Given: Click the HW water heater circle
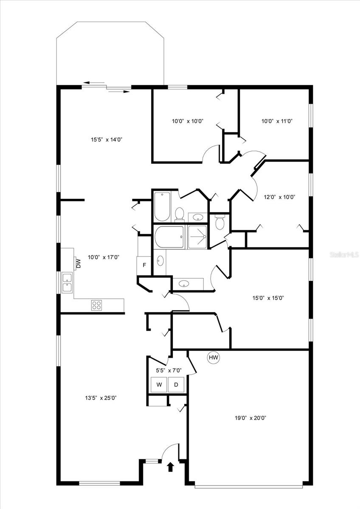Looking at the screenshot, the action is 213,358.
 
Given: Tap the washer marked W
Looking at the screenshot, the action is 159,384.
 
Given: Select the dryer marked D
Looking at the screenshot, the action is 176,384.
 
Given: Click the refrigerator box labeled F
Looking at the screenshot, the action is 144,265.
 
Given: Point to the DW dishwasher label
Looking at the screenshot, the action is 79,263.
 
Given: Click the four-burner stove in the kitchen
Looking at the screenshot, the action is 96,305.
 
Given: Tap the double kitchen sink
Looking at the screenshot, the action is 67,283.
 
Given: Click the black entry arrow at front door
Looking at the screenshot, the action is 170,468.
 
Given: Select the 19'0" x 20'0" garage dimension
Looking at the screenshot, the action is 250,418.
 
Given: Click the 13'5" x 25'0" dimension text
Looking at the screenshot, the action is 101,398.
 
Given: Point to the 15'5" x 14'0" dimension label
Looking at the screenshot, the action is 107,140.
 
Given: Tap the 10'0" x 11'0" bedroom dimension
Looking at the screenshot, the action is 277,121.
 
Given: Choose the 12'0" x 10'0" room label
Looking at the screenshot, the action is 279,197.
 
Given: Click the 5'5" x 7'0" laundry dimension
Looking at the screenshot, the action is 169,371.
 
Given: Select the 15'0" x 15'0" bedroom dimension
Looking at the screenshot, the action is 268,298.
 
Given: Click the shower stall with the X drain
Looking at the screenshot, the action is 197,237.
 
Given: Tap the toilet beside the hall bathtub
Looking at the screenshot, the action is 180,214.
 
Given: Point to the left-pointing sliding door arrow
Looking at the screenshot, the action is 94,83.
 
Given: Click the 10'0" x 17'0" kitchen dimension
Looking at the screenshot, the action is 104,257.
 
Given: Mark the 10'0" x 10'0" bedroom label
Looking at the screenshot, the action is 188,121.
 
